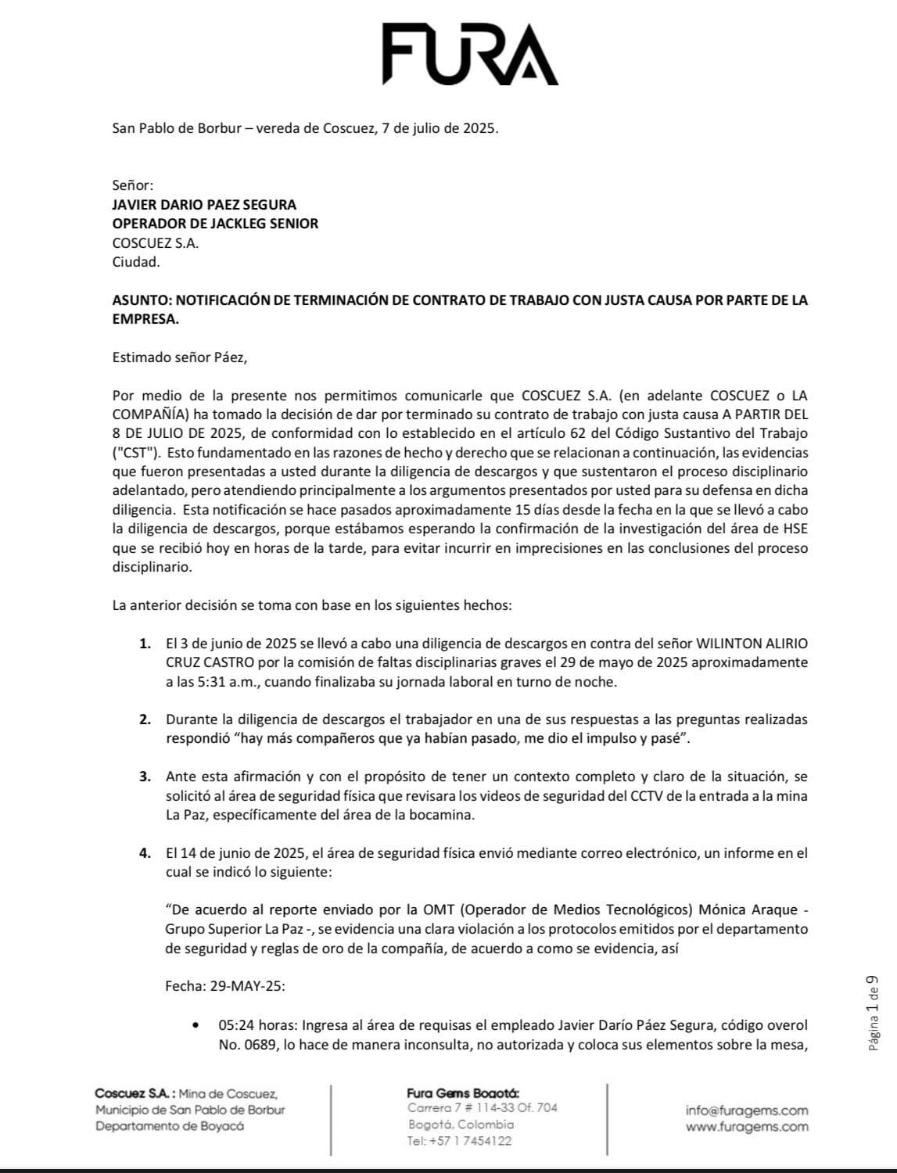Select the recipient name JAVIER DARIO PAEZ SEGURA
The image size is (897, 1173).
[204, 205]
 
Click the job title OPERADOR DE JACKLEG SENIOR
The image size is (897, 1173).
[215, 224]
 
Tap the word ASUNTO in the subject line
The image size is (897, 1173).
[139, 300]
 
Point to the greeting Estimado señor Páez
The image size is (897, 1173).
[179, 357]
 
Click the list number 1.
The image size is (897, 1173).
[145, 644]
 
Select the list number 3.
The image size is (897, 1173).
[145, 777]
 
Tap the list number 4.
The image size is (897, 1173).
[145, 853]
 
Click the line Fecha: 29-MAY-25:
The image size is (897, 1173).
[225, 986]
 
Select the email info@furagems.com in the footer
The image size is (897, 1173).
[747, 1110]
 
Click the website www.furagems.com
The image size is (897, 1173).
[747, 1127]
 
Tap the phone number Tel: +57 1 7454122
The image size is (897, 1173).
[460, 1141]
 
